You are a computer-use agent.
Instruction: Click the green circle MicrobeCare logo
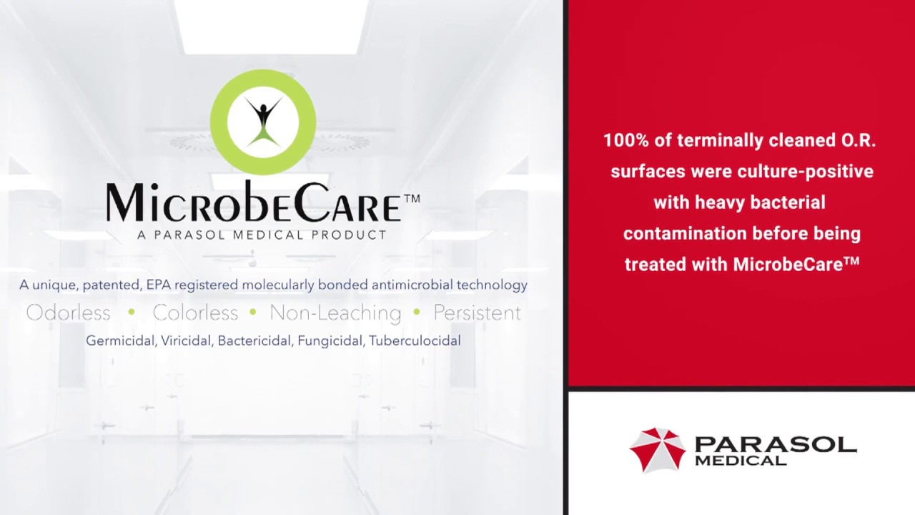[x=263, y=122]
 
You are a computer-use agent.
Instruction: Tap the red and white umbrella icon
[x=657, y=450]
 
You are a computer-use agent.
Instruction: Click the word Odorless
[x=68, y=313]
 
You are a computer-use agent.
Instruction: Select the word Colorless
[x=195, y=313]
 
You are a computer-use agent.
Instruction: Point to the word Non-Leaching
[x=335, y=313]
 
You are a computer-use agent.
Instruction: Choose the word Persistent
[x=477, y=313]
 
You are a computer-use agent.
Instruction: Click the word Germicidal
[x=120, y=341]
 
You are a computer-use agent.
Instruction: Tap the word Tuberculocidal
[x=415, y=341]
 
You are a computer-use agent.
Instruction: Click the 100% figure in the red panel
[x=625, y=141]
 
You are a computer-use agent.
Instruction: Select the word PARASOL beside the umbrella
[x=776, y=445]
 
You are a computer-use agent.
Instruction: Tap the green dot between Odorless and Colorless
[x=132, y=313]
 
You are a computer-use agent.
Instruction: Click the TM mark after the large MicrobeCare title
[x=412, y=198]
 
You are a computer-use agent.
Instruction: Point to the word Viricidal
[x=187, y=341]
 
